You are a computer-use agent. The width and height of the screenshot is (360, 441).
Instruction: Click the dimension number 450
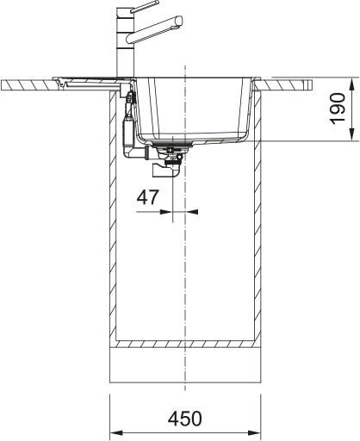pos(184,419)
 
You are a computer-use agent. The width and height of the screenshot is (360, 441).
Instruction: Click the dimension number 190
pos(338,109)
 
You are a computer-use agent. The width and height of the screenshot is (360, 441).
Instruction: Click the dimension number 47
pos(147,197)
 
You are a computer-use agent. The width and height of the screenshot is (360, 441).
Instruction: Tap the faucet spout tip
pos(180,21)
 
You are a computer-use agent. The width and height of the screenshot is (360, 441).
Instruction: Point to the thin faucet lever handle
pos(145,7)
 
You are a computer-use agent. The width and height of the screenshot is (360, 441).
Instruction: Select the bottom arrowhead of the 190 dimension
pos(352,134)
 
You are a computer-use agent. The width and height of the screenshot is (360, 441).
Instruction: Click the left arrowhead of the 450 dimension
pos(116,432)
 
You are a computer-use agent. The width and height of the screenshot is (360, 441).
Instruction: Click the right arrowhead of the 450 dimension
pos(254,432)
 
